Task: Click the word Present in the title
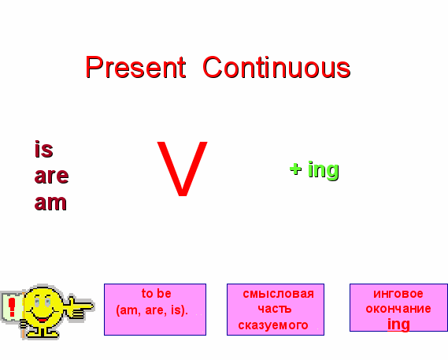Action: point(135,67)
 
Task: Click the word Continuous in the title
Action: point(276,67)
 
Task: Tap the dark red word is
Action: point(44,149)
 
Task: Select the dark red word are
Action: point(51,176)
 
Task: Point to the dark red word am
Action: point(50,202)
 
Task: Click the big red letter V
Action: point(183,169)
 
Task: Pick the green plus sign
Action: point(295,169)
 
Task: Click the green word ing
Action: point(324,170)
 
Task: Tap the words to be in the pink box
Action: point(156,293)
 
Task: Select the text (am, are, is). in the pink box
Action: point(152,310)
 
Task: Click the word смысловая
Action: point(278,294)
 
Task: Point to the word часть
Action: point(275,309)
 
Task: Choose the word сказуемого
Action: point(273,325)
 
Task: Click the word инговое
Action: point(398,294)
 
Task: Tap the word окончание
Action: point(398,309)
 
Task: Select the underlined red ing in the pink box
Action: point(398,325)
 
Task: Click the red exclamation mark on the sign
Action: point(12,307)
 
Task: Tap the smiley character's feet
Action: point(43,333)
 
